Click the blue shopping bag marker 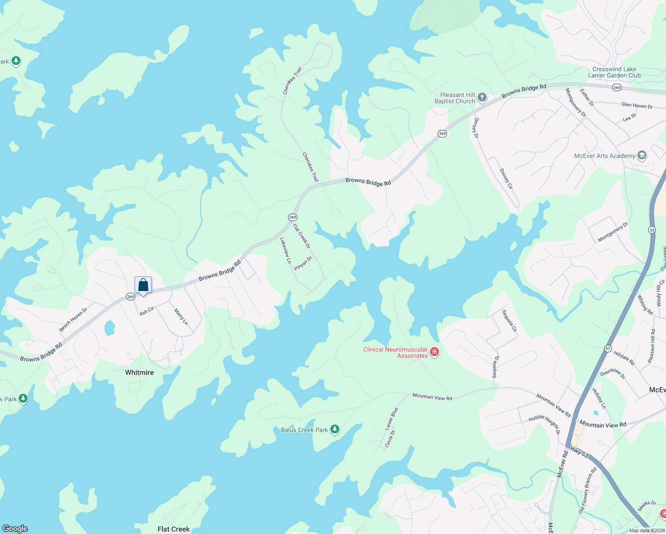(x=143, y=285)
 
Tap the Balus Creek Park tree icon (x=335, y=429)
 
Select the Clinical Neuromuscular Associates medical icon (x=435, y=352)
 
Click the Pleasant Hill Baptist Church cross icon (x=482, y=97)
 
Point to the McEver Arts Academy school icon (x=642, y=155)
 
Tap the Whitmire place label (x=139, y=372)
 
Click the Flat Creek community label (x=174, y=529)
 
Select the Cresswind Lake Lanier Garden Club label (x=614, y=72)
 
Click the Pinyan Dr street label (x=303, y=263)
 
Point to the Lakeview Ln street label (x=285, y=250)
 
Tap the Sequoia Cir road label (x=509, y=321)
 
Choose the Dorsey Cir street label (x=506, y=179)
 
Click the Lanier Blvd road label (x=391, y=419)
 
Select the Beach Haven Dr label (x=73, y=320)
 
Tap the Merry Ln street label (x=181, y=316)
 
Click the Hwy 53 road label (x=579, y=452)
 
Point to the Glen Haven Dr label (x=637, y=105)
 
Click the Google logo (x=15, y=528)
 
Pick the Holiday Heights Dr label (x=544, y=424)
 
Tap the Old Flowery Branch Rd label (x=587, y=490)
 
